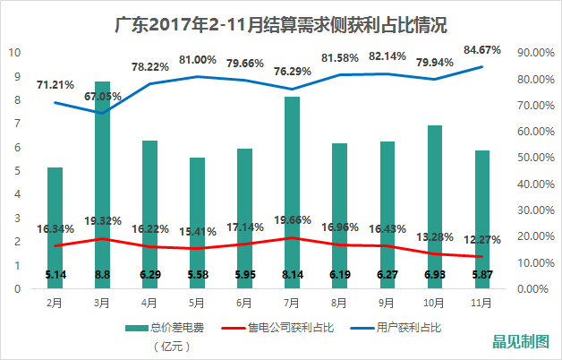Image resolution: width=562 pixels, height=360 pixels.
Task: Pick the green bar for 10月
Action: point(434,206)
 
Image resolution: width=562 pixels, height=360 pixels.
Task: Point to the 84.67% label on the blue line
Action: point(482,49)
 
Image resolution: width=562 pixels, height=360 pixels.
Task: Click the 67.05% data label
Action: point(104,96)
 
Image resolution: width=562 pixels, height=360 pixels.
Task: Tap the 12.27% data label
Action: point(482,239)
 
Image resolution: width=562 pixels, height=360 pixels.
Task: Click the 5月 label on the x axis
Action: point(197,303)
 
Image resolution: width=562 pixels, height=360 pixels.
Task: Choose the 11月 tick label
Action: point(481,303)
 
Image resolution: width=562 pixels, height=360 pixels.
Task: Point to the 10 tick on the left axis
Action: point(14,53)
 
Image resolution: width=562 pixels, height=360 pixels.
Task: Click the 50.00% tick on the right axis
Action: point(532,158)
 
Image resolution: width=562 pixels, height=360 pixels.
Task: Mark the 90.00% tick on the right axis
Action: point(532,53)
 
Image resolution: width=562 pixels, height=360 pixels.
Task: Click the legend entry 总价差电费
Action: point(176,328)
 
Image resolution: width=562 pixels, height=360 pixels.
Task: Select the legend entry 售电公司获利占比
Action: point(292,328)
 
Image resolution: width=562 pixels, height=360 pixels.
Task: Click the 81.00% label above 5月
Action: point(198,60)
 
